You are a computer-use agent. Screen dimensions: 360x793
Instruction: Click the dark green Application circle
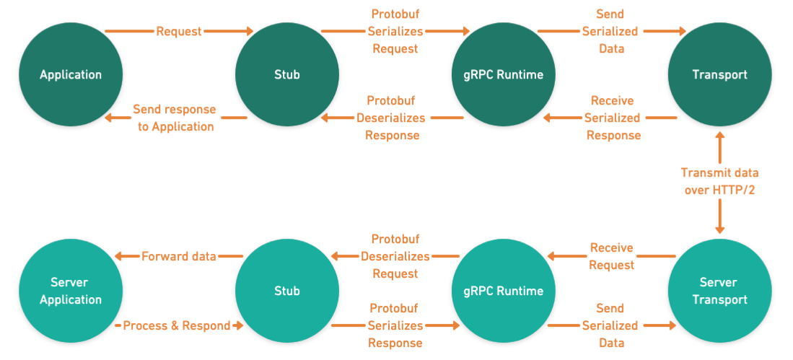coord(71,74)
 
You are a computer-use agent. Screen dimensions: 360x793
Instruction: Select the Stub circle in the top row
coord(287,74)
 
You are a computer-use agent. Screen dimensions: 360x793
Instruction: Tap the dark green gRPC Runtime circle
coord(504,74)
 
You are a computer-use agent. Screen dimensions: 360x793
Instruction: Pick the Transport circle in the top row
coord(719,74)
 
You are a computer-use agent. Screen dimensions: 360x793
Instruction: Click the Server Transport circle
coord(719,291)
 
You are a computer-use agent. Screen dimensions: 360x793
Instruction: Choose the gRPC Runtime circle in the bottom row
coord(504,291)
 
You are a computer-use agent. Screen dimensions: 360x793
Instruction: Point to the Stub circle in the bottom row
coord(287,291)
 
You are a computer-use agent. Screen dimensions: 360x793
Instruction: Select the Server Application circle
coord(71,291)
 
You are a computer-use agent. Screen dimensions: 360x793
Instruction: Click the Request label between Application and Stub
coord(178,32)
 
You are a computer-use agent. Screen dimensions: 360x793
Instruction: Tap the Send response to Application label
coord(174,118)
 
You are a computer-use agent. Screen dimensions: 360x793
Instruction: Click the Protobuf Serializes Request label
coord(395,32)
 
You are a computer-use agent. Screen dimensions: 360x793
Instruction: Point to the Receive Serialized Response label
coord(612,118)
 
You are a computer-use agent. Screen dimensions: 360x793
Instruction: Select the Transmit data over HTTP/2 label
coord(719,183)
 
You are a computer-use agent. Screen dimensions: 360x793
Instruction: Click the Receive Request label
coord(611,257)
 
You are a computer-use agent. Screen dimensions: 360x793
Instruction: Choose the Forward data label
coord(179,256)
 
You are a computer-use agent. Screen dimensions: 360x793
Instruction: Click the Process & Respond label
coord(176,326)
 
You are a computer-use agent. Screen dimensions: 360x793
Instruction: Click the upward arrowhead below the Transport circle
coord(719,136)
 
